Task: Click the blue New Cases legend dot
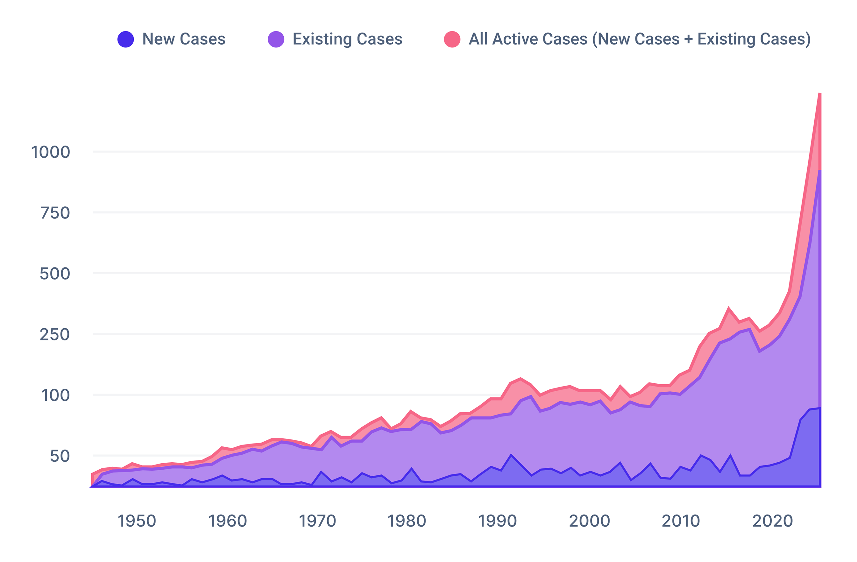(x=126, y=39)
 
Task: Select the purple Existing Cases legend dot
(x=276, y=39)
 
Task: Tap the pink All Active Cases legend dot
(x=452, y=39)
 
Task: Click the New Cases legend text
(x=184, y=39)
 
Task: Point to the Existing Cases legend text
(x=348, y=39)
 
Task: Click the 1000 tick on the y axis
(x=51, y=152)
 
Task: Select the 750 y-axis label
(x=55, y=213)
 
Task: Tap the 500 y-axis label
(x=55, y=274)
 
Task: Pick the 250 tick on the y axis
(x=55, y=335)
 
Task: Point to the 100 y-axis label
(x=55, y=395)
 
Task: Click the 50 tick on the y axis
(x=60, y=456)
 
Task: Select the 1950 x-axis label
(x=137, y=521)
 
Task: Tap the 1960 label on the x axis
(x=228, y=521)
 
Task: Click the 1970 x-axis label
(x=318, y=521)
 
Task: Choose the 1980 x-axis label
(x=407, y=521)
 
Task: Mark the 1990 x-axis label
(x=497, y=521)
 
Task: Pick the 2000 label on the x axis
(x=590, y=521)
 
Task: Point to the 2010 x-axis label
(x=681, y=521)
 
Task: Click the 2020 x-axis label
(x=773, y=521)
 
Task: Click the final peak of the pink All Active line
(x=819, y=94)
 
